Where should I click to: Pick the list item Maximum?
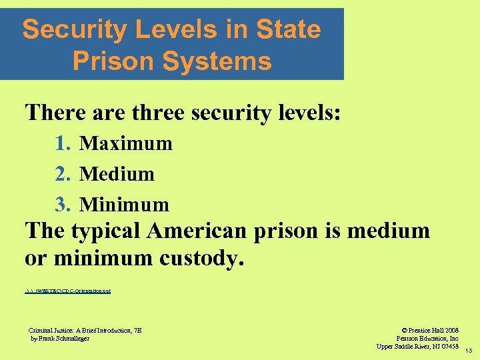(126, 143)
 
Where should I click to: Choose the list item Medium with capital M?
(117, 174)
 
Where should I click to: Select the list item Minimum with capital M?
(124, 204)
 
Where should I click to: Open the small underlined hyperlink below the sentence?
(67, 292)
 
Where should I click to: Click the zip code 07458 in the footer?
(447, 346)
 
